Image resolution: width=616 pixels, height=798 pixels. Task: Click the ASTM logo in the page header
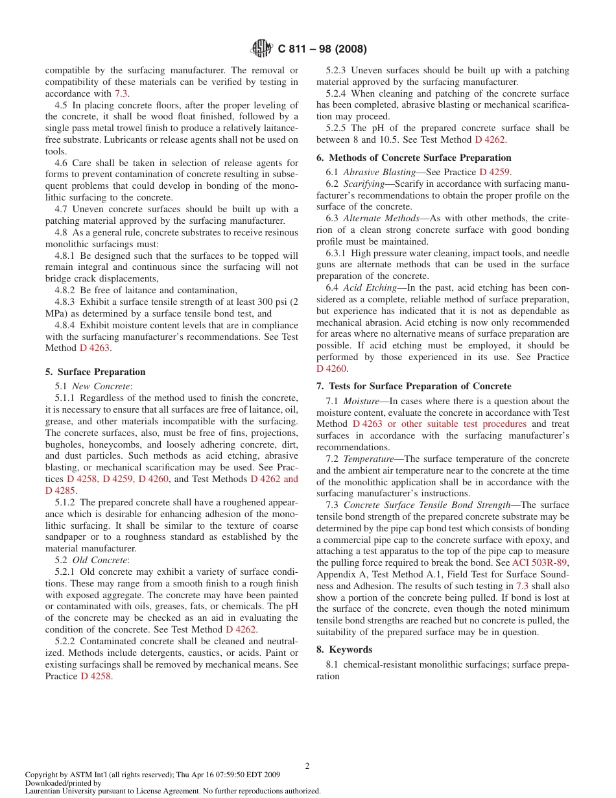point(262,49)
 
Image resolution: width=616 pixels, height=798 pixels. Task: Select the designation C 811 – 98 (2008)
point(322,49)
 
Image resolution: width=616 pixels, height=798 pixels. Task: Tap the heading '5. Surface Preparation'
point(95,372)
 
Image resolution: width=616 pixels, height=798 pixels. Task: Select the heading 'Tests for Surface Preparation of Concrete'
point(420,386)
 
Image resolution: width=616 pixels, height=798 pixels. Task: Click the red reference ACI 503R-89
point(539,562)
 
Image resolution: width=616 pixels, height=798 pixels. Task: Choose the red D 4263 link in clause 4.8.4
point(95,348)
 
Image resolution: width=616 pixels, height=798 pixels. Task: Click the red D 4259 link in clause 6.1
point(494,172)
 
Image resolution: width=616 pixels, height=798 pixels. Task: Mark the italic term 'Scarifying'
point(364,184)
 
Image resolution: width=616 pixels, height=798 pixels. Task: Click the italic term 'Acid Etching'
point(370,287)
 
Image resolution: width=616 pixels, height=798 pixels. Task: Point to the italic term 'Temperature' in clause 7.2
point(369,459)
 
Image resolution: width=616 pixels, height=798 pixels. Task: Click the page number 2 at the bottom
point(307,766)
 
